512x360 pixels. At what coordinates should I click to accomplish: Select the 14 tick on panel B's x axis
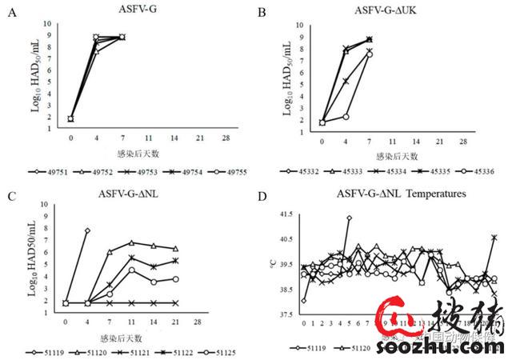(x=416, y=142)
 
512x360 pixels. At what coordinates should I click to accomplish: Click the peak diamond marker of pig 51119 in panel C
(x=86, y=230)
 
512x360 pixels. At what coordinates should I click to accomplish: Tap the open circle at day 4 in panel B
(x=346, y=117)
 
